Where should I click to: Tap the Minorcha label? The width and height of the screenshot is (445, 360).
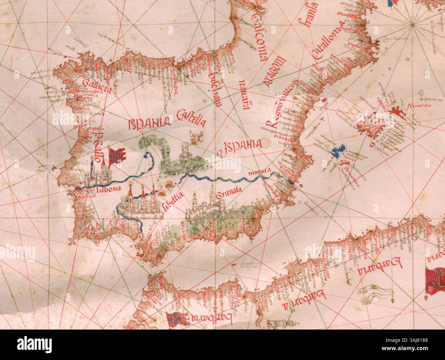[416, 105]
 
